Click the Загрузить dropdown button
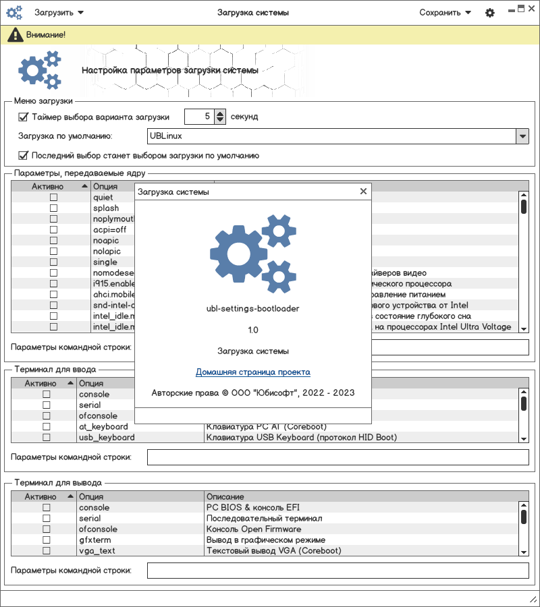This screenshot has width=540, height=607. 59,12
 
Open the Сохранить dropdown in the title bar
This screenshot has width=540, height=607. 445,12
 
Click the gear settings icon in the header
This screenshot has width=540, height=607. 490,13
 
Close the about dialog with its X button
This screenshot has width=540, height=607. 363,192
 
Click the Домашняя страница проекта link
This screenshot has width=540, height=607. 253,372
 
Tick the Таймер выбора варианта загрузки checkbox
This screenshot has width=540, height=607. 23,117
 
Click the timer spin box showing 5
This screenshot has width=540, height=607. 199,117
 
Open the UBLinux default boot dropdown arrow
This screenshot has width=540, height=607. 522,136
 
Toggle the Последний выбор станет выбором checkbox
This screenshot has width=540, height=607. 23,156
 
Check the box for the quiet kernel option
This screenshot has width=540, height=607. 53,198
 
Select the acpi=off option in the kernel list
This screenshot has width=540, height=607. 110,230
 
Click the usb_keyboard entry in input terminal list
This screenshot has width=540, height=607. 107,438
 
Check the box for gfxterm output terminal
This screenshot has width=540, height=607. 47,540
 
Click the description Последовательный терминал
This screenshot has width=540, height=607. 264,519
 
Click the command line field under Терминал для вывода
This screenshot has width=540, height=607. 337,571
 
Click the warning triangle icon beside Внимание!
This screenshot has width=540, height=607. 13,34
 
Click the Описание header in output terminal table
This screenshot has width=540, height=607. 225,497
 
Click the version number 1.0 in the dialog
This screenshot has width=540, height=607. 253,330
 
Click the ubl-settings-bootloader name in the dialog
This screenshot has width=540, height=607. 253,308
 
